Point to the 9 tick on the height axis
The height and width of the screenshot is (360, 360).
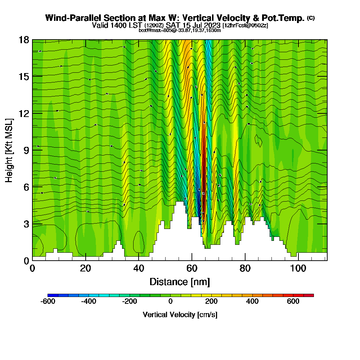click(x=25, y=150)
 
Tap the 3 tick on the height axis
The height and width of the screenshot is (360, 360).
click(x=25, y=224)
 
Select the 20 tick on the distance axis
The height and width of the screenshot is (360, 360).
click(x=85, y=268)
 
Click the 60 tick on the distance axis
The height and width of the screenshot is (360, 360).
click(x=192, y=268)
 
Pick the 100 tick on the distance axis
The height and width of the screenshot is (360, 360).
click(x=298, y=268)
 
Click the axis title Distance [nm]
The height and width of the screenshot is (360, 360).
click(x=180, y=282)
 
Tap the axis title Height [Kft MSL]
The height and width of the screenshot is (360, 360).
click(x=9, y=150)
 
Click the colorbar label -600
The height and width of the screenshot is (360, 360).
click(x=48, y=301)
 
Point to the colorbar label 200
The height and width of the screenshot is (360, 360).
click(x=211, y=301)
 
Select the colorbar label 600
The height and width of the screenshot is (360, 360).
click(x=293, y=301)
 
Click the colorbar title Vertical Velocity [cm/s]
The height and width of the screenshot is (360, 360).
click(x=180, y=315)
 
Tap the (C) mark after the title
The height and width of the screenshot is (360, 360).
click(x=311, y=18)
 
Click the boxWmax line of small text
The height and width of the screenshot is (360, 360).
click(x=180, y=30)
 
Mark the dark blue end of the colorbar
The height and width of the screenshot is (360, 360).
click(x=50, y=295)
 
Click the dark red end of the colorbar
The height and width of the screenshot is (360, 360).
click(x=311, y=295)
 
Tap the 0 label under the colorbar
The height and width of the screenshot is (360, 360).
click(x=170, y=301)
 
